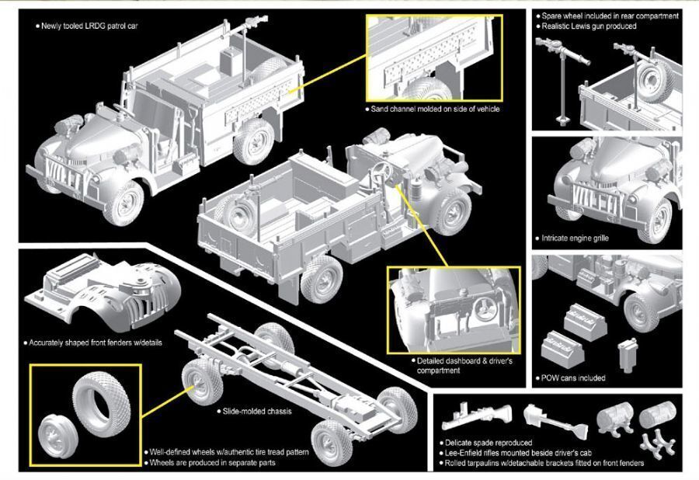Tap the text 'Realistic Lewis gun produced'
[589, 26]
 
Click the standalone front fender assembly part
[101, 292]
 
